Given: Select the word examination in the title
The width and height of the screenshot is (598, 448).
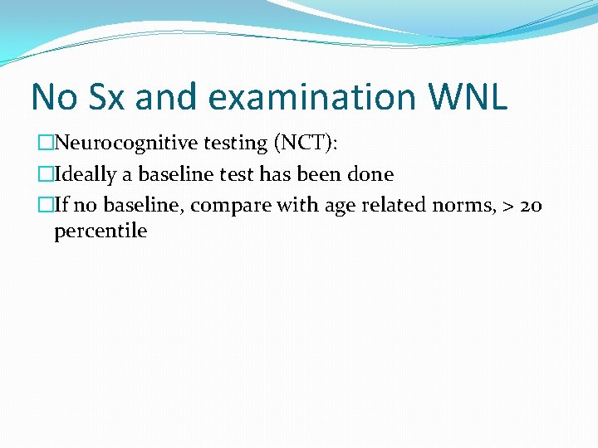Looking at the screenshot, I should click(x=312, y=97).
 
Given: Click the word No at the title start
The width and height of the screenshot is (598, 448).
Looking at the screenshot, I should click(x=52, y=97).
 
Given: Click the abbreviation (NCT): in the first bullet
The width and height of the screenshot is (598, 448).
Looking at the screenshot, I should click(x=306, y=143).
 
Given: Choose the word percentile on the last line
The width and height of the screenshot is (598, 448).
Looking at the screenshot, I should click(x=100, y=231).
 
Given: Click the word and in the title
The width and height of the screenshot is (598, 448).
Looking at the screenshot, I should click(x=169, y=97).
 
